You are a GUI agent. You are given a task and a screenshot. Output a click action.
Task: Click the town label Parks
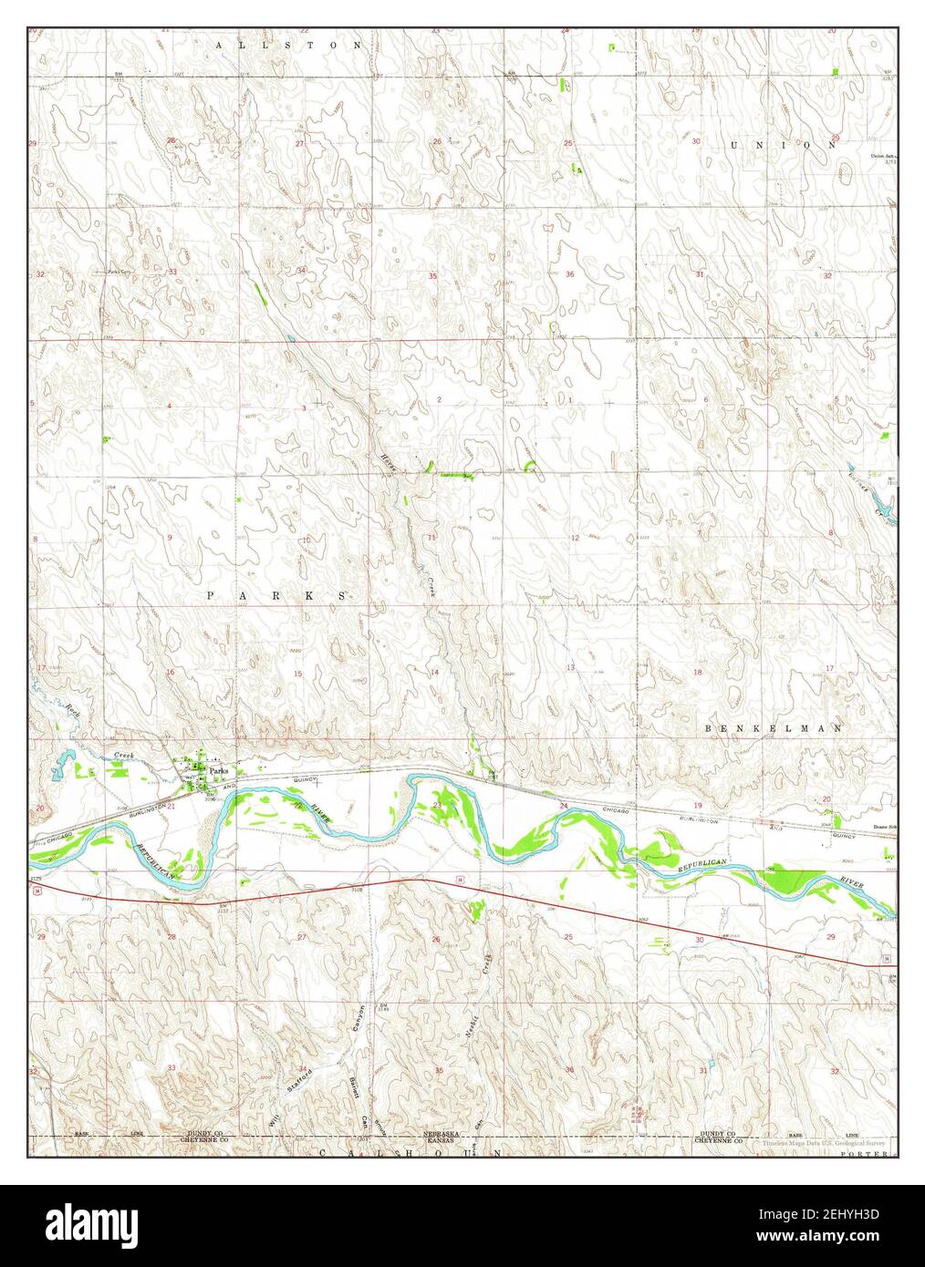pos(217,770)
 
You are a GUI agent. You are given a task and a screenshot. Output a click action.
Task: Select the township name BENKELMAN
pos(774,728)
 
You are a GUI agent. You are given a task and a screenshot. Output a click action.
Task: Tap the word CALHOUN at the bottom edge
pos(411,1153)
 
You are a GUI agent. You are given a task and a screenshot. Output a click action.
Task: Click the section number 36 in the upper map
pos(569,274)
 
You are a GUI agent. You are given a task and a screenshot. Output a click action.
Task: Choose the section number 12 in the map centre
pos(574,539)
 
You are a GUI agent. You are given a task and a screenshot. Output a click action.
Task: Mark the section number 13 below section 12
pos(570,668)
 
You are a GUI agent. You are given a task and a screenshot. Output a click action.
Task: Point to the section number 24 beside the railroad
pos(563,806)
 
